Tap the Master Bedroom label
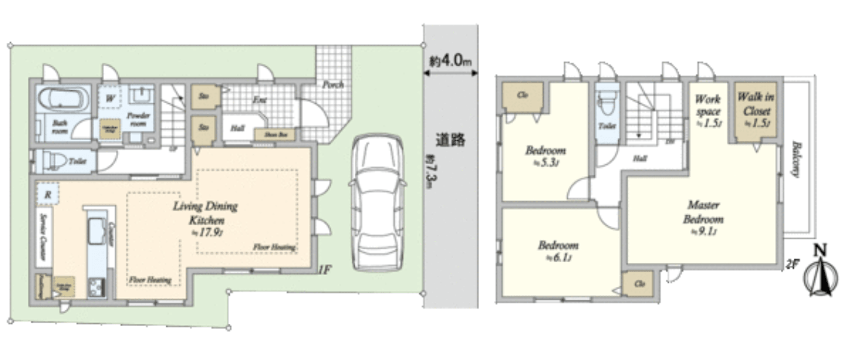[703, 212]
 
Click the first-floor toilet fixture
[53, 160]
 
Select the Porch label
[332, 84]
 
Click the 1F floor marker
[325, 268]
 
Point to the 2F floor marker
[791, 263]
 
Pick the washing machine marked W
[110, 99]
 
